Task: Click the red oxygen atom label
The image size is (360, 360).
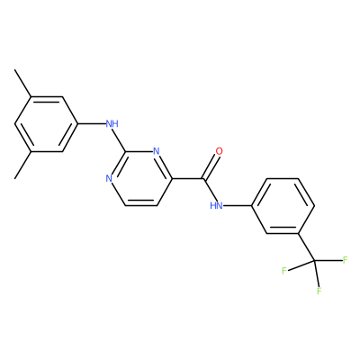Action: pos(220,151)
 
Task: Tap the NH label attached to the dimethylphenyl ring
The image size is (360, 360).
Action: pos(112,123)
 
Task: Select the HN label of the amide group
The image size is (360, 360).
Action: pos(217,206)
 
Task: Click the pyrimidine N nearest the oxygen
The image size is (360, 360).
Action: pos(156,151)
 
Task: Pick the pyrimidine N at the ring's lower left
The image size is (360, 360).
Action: pos(109,179)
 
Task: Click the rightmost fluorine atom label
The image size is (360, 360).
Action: pos(345,260)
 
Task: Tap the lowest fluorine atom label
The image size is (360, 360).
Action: pos(319,291)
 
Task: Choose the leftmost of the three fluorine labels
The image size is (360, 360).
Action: pos(284,271)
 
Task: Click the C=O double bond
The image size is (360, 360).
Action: pos(210,166)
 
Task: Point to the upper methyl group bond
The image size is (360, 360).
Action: pos(23,83)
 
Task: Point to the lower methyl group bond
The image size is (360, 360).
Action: pos(23,165)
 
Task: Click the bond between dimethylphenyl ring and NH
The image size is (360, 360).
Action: pos(92,123)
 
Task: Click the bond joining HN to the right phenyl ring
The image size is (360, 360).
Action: pos(238,206)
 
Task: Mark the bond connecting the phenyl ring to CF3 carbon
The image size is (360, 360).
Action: pos(306,247)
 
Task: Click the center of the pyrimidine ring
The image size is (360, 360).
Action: pos(140,178)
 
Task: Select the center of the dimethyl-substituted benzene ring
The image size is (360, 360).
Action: pos(46,124)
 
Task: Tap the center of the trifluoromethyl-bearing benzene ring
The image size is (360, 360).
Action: pos(283,206)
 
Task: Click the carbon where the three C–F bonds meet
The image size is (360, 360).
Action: pos(314,261)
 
